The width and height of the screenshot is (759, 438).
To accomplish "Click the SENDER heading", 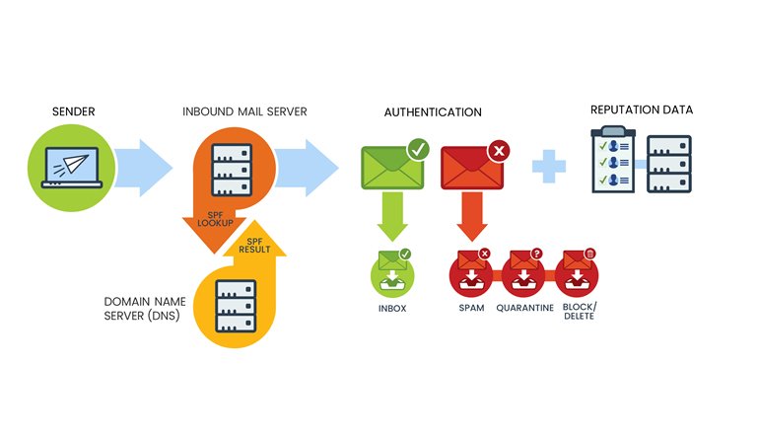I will [x=74, y=110].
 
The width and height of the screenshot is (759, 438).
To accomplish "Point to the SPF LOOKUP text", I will [x=213, y=219].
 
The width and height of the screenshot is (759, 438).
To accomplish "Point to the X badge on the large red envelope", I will [x=499, y=151].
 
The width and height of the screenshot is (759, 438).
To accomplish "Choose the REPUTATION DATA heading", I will [x=641, y=109].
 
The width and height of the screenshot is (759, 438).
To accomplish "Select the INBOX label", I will [x=391, y=308].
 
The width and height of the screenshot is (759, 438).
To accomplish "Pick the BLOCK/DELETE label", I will [x=577, y=313].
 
